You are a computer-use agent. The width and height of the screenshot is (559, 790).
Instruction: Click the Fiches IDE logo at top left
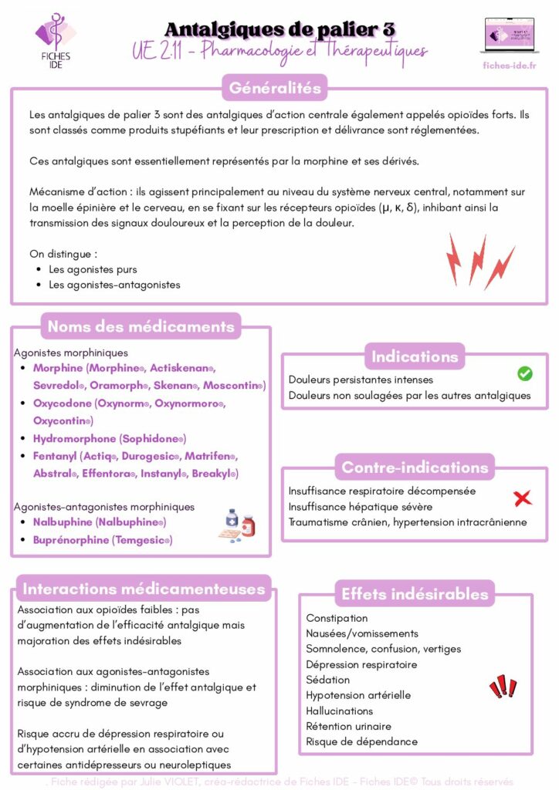(55, 40)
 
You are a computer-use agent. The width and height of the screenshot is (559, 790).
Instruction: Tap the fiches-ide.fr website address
(509, 65)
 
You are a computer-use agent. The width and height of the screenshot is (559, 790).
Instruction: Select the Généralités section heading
(275, 88)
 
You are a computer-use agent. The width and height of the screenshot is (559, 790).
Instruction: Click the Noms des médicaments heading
(141, 326)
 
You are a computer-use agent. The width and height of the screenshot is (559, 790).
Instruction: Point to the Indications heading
(415, 356)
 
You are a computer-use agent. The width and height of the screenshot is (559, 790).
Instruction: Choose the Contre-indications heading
(415, 467)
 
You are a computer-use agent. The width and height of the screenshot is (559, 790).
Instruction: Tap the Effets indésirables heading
(415, 593)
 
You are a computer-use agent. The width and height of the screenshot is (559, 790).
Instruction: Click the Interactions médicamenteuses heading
(144, 589)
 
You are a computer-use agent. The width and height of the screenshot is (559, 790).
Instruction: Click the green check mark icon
(524, 373)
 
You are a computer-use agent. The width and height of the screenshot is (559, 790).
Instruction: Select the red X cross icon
(523, 498)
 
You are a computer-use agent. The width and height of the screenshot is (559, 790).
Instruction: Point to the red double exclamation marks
(503, 686)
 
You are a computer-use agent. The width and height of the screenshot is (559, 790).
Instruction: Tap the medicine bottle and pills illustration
(239, 522)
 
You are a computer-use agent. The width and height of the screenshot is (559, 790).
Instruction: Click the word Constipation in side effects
(337, 618)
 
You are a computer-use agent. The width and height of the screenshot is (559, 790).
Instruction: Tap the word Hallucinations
(339, 711)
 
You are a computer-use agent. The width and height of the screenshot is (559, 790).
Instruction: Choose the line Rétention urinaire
(348, 726)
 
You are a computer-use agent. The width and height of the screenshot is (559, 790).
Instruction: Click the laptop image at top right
(509, 35)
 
